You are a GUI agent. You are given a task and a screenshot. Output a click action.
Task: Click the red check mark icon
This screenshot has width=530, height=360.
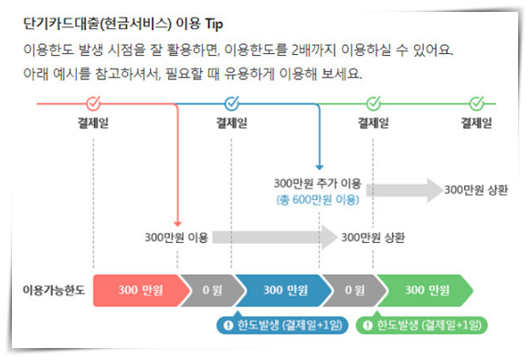93,102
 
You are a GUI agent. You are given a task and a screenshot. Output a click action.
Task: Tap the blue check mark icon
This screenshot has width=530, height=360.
232,102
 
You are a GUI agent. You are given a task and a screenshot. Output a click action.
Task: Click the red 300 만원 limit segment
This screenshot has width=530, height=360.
141,291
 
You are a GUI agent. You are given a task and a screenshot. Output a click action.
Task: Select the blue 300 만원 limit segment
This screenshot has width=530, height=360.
284,291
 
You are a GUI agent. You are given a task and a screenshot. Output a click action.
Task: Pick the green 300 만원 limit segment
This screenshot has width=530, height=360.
426,291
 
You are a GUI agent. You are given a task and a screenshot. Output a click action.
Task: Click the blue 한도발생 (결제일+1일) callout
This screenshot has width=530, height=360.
282,325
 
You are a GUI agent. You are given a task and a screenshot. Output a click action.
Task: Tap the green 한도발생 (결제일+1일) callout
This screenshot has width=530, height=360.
422,325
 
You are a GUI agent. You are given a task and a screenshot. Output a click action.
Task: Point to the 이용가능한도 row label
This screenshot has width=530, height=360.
54,291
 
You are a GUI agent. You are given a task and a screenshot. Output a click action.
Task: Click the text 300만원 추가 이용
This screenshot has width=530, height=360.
317,184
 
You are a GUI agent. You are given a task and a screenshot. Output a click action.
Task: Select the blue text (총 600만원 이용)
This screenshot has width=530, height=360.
318,200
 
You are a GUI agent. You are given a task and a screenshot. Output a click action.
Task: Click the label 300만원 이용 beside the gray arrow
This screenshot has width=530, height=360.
176,238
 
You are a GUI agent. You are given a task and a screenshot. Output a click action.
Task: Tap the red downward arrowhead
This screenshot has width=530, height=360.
177,224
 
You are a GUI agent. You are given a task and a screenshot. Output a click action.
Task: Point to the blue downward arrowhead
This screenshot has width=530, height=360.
320,167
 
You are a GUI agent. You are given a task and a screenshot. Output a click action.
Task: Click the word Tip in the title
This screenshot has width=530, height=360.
214,25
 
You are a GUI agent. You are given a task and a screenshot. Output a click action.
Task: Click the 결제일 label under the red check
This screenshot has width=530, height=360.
93,122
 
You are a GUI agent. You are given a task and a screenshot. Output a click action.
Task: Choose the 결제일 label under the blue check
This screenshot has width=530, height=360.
232,122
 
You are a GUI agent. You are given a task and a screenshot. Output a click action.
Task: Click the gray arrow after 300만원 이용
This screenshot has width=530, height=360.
274,238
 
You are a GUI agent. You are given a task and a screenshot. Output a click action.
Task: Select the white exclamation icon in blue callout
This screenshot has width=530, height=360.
228,325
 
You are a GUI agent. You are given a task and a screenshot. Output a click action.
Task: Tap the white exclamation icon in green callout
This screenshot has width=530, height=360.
367,325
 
